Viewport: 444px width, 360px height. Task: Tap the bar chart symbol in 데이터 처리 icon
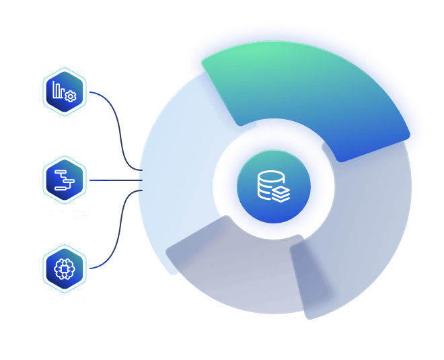59,89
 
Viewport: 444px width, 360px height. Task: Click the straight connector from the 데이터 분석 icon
114,180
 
